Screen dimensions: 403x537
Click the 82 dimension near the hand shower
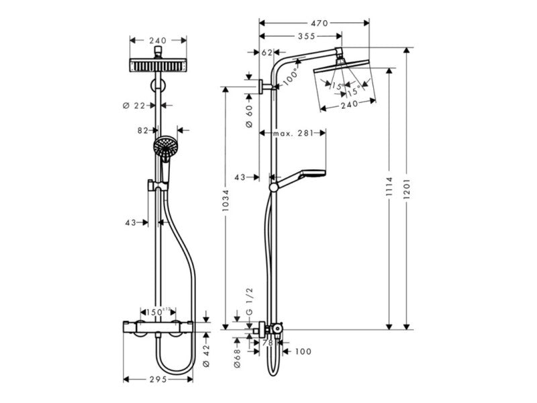(142, 131)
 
